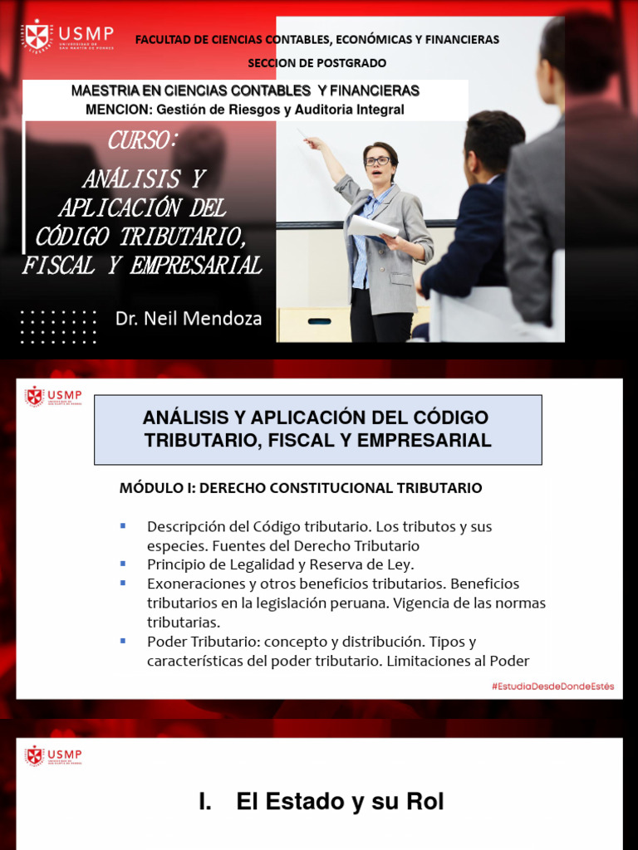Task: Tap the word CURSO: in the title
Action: tap(142, 141)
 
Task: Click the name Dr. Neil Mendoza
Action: tap(189, 318)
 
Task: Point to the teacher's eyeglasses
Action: tap(376, 161)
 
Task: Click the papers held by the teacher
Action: tap(372, 226)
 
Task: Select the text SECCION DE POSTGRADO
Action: tap(317, 63)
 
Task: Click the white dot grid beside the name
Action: tap(58, 327)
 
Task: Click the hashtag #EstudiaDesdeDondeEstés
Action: tap(552, 686)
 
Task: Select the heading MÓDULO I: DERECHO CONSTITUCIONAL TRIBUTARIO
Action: tap(301, 488)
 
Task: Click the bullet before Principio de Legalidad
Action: tap(123, 564)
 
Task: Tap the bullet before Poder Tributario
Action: tap(123, 641)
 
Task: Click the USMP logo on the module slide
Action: tap(53, 396)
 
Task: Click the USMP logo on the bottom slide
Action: tap(53, 755)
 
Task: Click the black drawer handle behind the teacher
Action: tap(319, 321)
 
